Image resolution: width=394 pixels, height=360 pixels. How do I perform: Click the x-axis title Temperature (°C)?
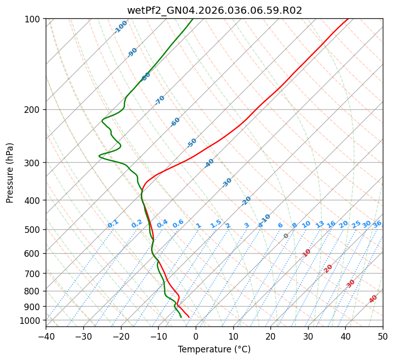pos(214,350)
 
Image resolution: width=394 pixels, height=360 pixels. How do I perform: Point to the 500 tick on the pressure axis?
pos(34,230)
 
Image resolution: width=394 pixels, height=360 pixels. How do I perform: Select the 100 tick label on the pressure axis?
pos(34,19)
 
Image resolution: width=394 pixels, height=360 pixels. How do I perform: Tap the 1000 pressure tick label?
pos(32,320)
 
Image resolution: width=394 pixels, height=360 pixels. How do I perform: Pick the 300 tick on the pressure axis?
pos(34,163)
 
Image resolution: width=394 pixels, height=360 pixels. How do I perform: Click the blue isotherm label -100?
pos(120,27)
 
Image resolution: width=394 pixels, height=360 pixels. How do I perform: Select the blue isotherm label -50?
pos(192,143)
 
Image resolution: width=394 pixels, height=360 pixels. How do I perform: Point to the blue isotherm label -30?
pos(227,183)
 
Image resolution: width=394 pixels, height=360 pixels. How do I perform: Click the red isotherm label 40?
pos(373,299)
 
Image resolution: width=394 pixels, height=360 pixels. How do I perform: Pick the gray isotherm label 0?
pos(286,236)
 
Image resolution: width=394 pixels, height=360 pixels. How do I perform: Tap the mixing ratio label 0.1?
pos(113,223)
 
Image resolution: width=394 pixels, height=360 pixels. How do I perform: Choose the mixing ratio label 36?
pos(377,224)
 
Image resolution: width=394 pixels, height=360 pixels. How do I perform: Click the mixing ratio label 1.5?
pos(216,223)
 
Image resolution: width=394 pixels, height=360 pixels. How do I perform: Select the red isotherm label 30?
pos(351,284)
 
